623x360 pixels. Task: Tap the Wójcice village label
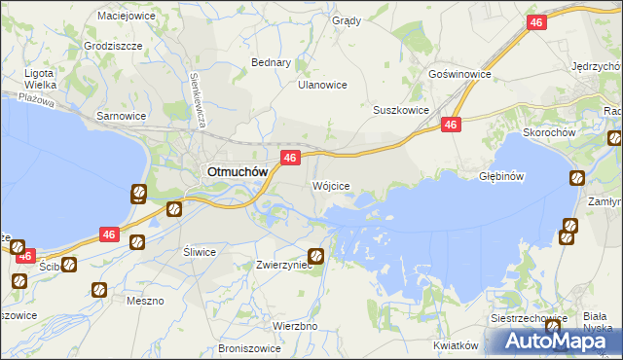330,184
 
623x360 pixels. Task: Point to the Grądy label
347,20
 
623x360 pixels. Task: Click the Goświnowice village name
458,74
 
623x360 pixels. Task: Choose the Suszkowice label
401,110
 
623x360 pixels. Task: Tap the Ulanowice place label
322,85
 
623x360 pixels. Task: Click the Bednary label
272,62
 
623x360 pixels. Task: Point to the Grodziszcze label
113,46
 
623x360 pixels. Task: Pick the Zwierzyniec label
283,264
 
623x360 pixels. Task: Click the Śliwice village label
200,251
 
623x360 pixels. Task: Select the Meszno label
145,301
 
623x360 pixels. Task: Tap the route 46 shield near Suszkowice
450,125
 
